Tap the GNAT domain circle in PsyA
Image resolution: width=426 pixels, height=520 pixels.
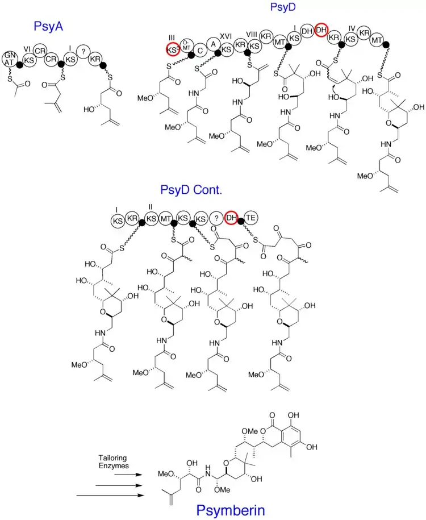click(x=9, y=58)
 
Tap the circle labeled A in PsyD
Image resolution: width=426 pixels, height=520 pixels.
click(x=213, y=44)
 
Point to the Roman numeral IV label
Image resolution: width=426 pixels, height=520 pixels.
click(x=352, y=27)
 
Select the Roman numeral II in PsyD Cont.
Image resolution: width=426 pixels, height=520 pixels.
click(x=151, y=207)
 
